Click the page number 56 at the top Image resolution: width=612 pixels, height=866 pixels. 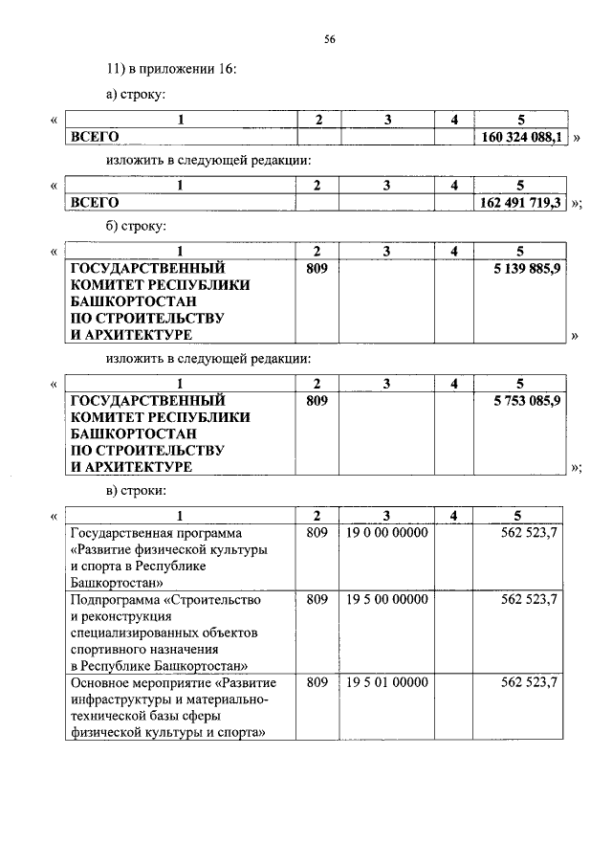(329, 39)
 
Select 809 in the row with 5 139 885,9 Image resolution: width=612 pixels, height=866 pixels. (317, 269)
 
